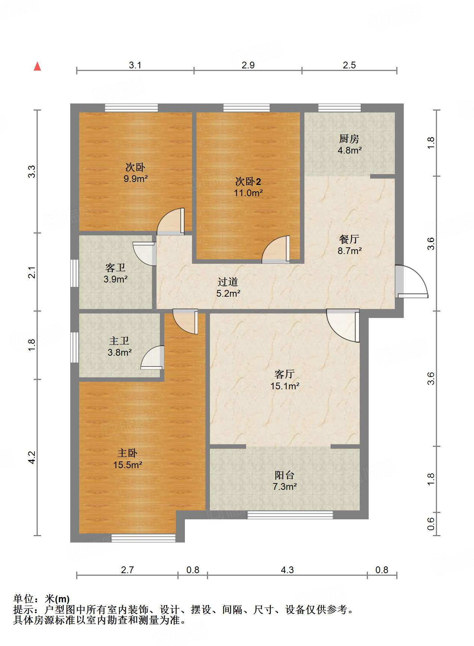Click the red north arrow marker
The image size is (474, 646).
coord(37,67)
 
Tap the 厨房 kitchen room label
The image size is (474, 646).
coord(349,139)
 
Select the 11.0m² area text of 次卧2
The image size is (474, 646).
coord(248,193)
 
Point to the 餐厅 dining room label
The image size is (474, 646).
coord(349,239)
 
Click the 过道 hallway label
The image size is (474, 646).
coord(228,282)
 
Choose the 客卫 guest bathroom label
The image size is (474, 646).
coord(115,268)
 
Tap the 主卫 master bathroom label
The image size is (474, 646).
coord(119,341)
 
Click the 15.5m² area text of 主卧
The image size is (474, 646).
coord(128,465)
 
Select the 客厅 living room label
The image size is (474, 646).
coord(285,374)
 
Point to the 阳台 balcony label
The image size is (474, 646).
coord(285,475)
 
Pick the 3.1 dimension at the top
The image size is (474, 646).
coord(135,65)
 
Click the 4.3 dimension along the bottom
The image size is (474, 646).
coord(287,570)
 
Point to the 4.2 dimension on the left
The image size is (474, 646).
coord(32,458)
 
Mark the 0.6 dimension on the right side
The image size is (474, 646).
coord(431,523)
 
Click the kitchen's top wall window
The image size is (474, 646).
coord(340,108)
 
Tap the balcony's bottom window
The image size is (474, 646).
coord(290,515)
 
